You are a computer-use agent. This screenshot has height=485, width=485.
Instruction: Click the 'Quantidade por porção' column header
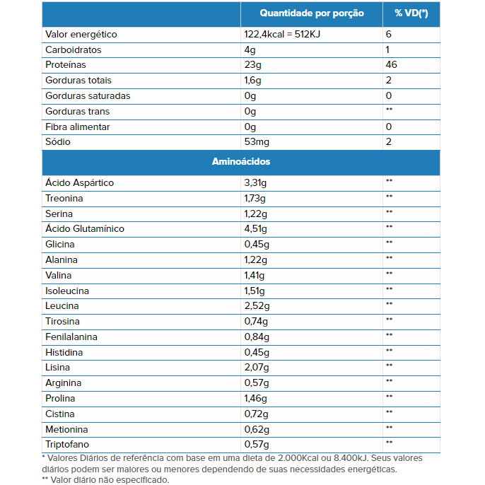(312, 13)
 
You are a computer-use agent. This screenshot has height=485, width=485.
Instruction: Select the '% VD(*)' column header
(411, 13)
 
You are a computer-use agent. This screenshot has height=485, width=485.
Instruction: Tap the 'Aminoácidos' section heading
(241, 161)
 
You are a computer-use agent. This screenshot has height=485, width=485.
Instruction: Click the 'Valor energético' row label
(81, 35)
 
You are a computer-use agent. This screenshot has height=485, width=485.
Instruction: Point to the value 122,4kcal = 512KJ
(282, 34)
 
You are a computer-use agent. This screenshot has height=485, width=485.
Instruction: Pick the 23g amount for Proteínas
(252, 65)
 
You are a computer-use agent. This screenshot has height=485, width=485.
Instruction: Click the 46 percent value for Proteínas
(391, 64)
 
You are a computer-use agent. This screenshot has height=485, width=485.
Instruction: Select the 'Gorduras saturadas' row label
(88, 96)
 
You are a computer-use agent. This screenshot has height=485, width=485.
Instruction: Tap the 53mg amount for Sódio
(257, 142)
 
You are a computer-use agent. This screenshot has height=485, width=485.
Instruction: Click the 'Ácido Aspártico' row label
(79, 182)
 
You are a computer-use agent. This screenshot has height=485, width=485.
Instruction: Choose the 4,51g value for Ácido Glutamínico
(255, 229)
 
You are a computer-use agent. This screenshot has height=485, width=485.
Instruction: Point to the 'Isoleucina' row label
(67, 291)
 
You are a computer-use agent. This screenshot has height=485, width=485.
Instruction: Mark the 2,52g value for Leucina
(257, 306)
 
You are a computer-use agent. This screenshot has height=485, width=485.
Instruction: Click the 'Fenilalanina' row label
(71, 337)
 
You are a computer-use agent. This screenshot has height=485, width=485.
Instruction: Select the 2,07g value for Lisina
(257, 368)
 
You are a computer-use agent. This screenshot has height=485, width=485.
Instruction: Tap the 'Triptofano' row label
(67, 445)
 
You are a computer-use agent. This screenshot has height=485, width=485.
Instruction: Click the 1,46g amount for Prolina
(255, 399)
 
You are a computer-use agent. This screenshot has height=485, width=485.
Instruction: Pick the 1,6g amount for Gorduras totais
(252, 81)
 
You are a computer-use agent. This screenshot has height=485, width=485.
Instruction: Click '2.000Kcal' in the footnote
(298, 458)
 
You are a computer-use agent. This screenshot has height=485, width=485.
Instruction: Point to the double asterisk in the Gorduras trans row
(389, 109)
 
